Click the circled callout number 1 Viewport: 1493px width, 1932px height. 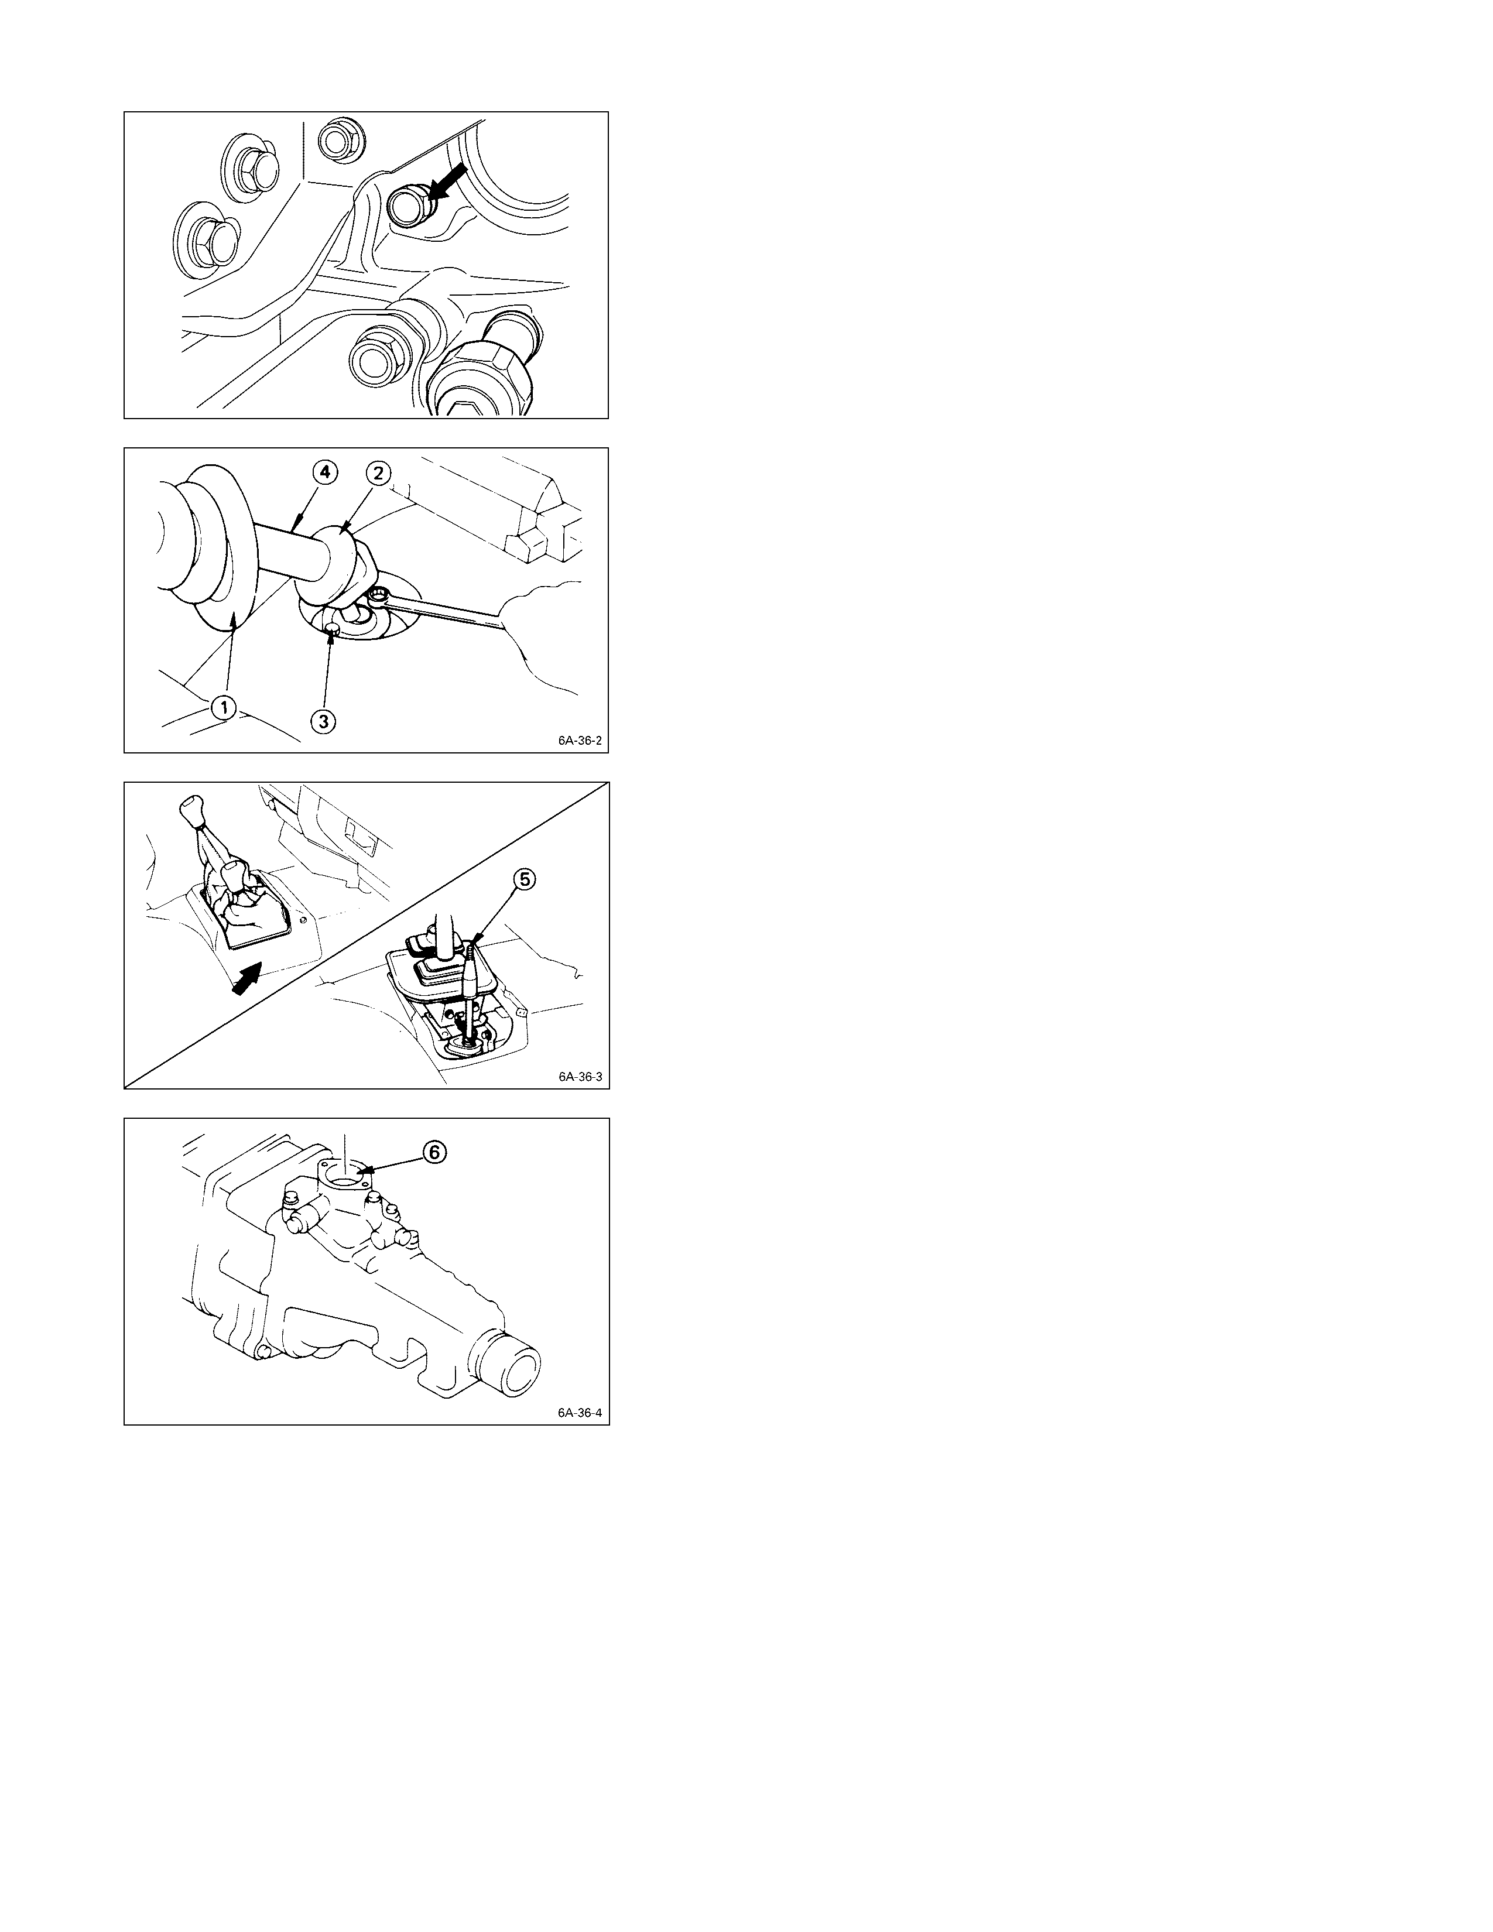point(224,707)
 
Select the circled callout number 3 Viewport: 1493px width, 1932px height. point(324,721)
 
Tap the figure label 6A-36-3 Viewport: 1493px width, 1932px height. point(579,1077)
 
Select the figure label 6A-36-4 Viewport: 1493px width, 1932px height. point(579,1413)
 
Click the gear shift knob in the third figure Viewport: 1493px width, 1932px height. point(190,808)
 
